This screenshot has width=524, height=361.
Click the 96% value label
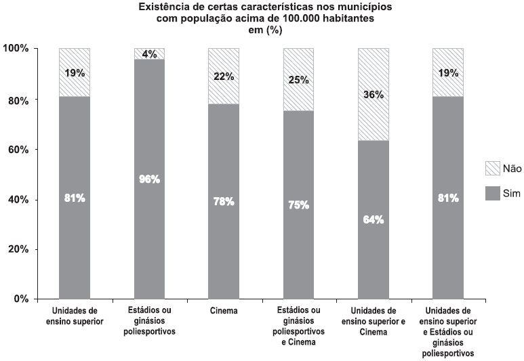point(149,179)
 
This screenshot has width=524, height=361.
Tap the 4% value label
point(149,54)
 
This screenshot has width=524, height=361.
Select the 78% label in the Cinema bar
point(224,201)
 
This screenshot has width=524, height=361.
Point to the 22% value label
point(224,77)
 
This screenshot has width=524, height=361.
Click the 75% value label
point(298,205)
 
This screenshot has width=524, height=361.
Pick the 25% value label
point(298,80)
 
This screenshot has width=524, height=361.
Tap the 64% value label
point(373,219)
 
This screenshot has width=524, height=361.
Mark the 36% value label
point(373,95)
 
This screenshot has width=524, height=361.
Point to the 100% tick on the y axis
point(15,49)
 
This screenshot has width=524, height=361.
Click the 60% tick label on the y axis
point(18,149)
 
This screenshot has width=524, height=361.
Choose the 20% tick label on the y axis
point(18,249)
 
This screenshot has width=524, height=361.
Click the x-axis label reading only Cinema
point(224,311)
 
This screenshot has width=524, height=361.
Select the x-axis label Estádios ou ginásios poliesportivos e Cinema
point(298,326)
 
